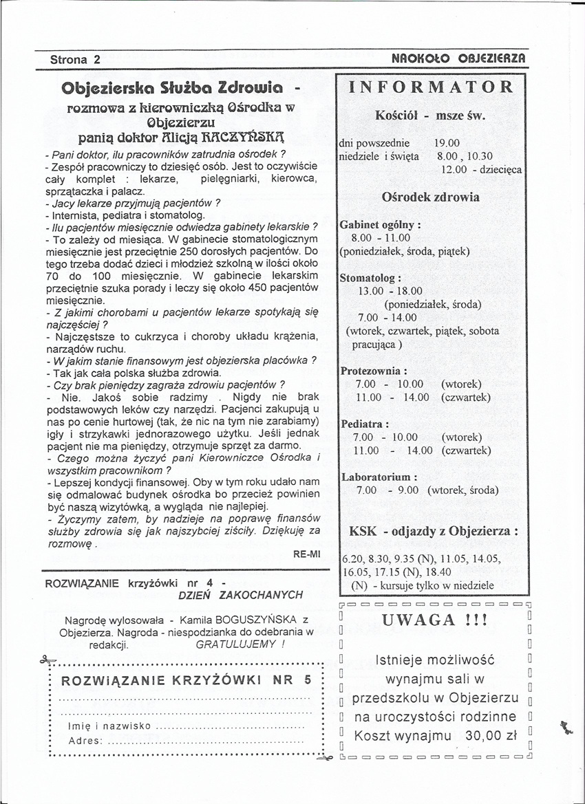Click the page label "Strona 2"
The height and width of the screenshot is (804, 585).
coord(75,59)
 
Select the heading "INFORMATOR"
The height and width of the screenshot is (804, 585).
coord(432,87)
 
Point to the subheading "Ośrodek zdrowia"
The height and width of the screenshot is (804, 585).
coord(431,197)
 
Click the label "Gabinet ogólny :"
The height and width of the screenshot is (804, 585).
coord(381,225)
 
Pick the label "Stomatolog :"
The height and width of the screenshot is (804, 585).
coord(370,279)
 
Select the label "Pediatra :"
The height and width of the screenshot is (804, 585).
coord(365,424)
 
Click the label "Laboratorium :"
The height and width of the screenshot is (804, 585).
coord(379,477)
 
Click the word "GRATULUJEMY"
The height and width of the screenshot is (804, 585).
coord(237,645)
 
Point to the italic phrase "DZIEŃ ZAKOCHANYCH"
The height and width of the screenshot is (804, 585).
coord(240,594)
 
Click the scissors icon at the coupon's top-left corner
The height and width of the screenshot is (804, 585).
coord(47,662)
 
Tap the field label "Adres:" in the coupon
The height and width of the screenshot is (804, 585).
coord(86,741)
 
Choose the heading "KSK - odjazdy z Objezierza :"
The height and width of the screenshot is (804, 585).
coord(434,532)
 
